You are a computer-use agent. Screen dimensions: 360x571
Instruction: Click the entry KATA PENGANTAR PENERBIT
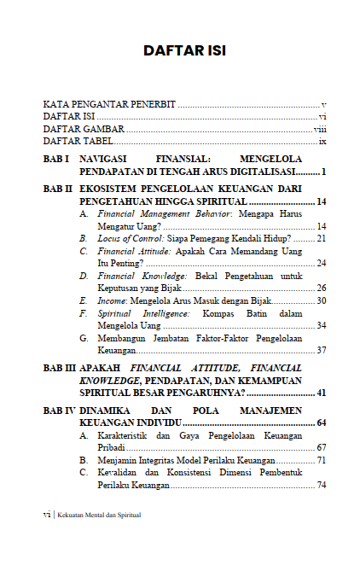pos(109,104)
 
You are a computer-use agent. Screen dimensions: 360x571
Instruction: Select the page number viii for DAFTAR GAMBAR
pos(320,129)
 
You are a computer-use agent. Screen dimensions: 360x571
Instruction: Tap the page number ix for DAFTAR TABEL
pos(322,141)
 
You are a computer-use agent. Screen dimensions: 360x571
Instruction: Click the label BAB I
pos(56,160)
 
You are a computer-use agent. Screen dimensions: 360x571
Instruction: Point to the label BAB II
pos(58,188)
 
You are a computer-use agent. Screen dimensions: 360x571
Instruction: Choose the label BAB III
pos(59,367)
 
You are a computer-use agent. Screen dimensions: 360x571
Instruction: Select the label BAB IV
pos(59,411)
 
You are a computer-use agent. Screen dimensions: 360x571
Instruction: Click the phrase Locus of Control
pos(127,239)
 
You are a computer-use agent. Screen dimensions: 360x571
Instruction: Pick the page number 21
pos(322,239)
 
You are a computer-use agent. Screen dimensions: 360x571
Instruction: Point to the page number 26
pos(322,288)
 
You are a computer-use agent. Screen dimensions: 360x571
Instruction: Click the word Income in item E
pos(110,300)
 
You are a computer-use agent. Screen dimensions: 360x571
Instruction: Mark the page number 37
pos(322,350)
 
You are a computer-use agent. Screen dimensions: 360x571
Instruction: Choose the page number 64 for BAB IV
pos(322,422)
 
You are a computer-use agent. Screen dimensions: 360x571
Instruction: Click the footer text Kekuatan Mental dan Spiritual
pos(99,515)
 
